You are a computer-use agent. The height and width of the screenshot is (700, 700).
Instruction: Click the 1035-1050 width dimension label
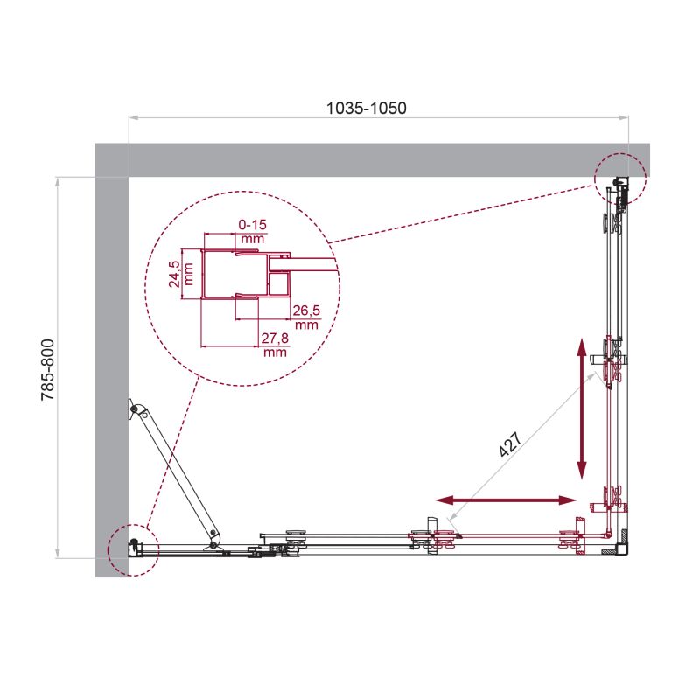[367, 108]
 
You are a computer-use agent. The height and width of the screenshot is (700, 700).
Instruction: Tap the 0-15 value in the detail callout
[252, 225]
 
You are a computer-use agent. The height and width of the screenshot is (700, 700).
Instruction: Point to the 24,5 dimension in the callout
[175, 273]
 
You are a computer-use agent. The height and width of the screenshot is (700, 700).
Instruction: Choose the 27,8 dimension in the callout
[275, 342]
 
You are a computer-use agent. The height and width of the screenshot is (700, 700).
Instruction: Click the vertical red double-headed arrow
[581, 409]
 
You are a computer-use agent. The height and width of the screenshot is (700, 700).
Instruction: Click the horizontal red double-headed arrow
[507, 500]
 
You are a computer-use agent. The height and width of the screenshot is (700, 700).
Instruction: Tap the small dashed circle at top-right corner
[620, 179]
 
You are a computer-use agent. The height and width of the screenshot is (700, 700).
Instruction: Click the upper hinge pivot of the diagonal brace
[134, 409]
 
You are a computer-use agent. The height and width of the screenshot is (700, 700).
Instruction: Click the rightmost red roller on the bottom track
[577, 538]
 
